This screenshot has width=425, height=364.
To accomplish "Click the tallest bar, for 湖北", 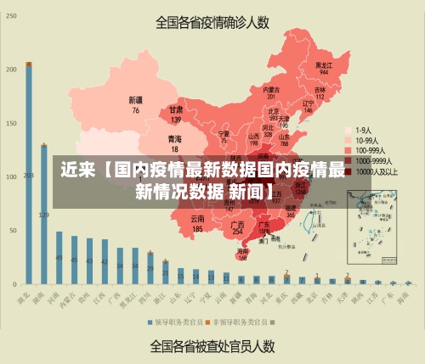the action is coord(29,170).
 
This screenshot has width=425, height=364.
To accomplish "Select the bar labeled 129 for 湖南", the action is coord(44,212).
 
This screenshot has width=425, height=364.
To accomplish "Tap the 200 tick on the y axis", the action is coord(11,69).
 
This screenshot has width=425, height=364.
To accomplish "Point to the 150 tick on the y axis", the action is coord(11,123).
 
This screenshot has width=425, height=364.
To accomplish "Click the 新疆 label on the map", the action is coord(135,104).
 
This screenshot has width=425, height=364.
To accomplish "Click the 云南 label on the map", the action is coord(197,224).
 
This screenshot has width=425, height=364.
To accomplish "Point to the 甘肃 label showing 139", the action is coord(176,115).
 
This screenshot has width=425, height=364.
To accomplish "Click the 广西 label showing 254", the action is coord(238,227).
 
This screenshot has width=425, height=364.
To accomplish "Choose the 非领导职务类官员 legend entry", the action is coord(240,322).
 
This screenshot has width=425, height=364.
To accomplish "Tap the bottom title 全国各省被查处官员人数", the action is coord(212,346).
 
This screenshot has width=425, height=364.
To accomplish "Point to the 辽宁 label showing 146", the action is coord(309,106).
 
